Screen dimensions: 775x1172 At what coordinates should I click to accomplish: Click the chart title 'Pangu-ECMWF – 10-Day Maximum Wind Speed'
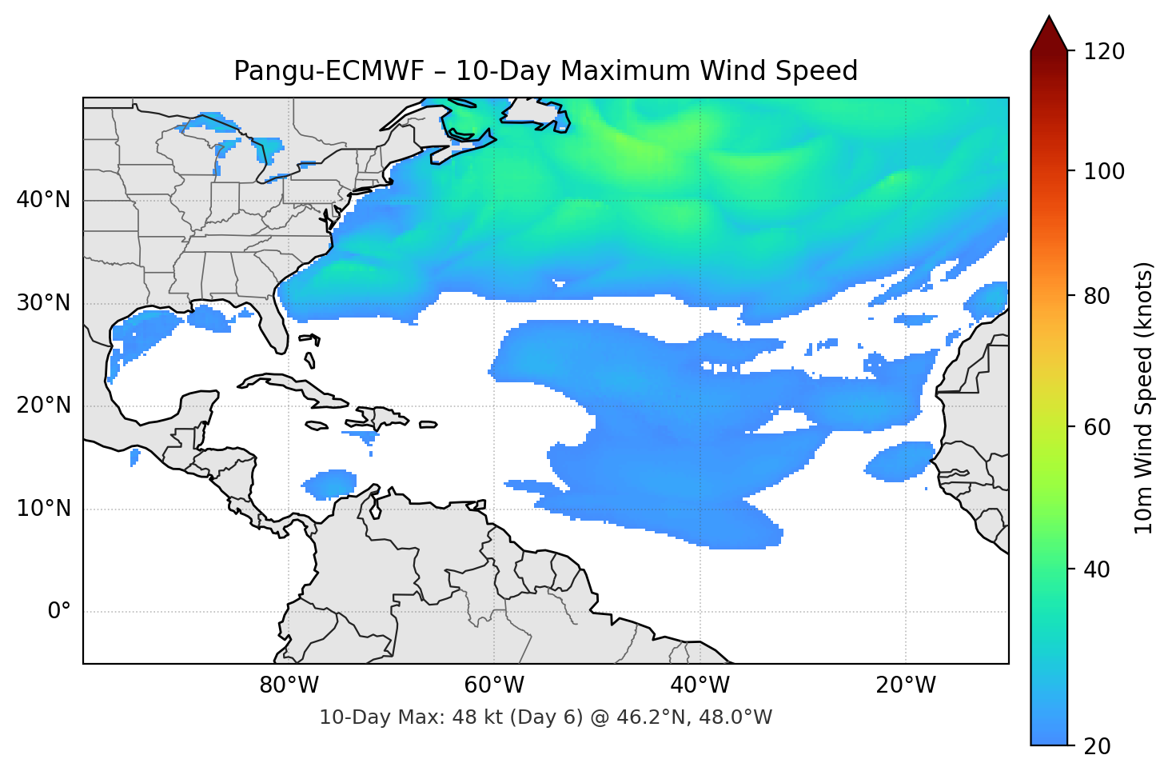pyautogui.click(x=545, y=71)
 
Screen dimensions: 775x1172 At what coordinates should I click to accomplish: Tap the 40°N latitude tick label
pyautogui.click(x=43, y=200)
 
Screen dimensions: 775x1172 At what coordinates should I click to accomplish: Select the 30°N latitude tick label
pyautogui.click(x=43, y=303)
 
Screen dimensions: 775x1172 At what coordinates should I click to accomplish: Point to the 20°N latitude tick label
pyautogui.click(x=43, y=405)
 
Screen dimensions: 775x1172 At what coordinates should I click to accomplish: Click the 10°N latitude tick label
pyautogui.click(x=43, y=509)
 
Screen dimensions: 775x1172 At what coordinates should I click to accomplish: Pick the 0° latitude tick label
pyautogui.click(x=59, y=612)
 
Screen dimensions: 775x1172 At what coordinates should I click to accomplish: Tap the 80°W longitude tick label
pyautogui.click(x=289, y=685)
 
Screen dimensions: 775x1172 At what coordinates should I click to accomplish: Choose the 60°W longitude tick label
pyautogui.click(x=494, y=685)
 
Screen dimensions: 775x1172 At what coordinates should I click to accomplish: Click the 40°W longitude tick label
pyautogui.click(x=700, y=685)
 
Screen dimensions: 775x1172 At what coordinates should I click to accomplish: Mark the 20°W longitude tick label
pyautogui.click(x=905, y=685)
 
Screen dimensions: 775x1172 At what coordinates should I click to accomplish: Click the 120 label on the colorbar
pyautogui.click(x=1104, y=52)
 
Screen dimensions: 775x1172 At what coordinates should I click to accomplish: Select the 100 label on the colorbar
pyautogui.click(x=1104, y=171)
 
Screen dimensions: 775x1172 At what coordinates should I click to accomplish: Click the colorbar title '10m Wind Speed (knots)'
pyautogui.click(x=1144, y=397)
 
